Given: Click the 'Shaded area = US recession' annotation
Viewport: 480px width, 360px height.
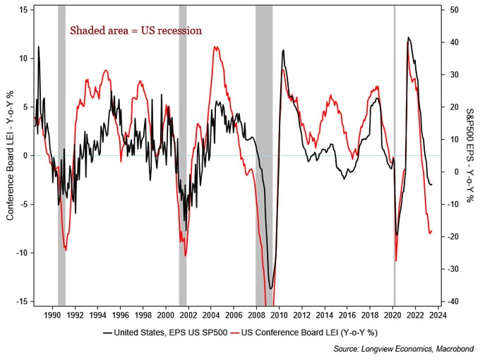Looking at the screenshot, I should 135,30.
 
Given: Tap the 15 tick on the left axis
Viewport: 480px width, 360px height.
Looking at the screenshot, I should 23,10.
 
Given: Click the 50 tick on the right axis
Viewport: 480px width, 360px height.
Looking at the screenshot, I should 455,10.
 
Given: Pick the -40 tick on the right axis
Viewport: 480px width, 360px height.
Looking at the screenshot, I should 455,301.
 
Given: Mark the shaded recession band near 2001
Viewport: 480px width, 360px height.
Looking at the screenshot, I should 183,155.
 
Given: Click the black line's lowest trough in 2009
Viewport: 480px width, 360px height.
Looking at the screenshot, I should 271,288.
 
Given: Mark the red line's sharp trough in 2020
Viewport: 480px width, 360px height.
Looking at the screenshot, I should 395,260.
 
